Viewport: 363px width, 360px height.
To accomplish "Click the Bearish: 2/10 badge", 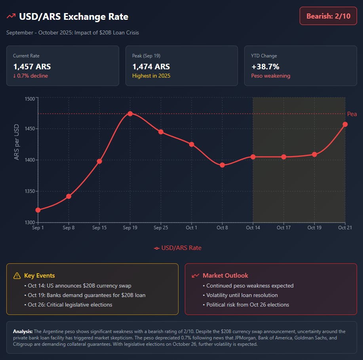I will click(x=328, y=16).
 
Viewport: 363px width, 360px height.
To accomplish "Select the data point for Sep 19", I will click(x=130, y=114).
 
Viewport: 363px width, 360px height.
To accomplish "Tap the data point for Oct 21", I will click(x=345, y=124).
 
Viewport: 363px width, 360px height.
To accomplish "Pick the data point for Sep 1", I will click(x=38, y=210).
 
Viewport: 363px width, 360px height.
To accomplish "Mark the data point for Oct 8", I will click(x=222, y=165).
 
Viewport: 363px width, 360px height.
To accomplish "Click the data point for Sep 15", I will click(x=99, y=161).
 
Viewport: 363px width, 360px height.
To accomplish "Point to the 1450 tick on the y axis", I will click(x=29, y=129).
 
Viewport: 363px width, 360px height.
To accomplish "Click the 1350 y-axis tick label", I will click(x=29, y=191).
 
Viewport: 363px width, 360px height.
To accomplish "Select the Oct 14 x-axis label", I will click(x=253, y=228).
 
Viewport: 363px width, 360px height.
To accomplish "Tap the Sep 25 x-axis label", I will click(x=161, y=228).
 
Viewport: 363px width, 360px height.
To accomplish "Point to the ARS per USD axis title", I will click(x=17, y=143).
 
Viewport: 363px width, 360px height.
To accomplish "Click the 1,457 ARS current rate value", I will click(x=32, y=67).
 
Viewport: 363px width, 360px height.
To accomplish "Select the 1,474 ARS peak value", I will click(x=151, y=67).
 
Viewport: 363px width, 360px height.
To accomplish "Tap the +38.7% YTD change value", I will click(x=265, y=67).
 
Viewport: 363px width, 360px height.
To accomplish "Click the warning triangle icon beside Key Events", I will click(x=17, y=276).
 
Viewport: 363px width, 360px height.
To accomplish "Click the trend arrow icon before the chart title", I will click(x=11, y=17).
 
